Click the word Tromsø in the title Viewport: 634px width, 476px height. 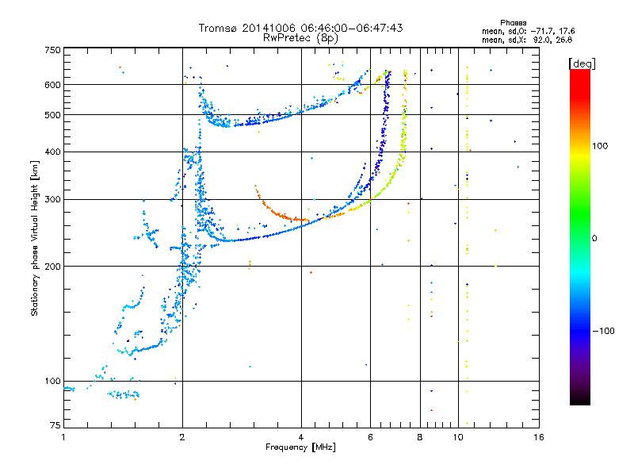coord(219,28)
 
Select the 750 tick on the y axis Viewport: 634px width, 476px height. coord(52,50)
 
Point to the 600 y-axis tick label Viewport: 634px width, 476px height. coord(52,84)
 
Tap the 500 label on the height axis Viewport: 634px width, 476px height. coord(52,114)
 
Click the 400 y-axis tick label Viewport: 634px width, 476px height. coord(52,152)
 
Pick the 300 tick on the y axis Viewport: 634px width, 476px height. coord(52,199)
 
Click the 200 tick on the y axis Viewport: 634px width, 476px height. coord(52,266)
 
